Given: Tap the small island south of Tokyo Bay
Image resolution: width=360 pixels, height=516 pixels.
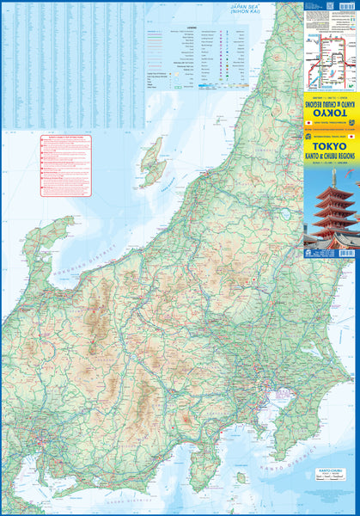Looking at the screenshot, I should (x=241, y=477).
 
